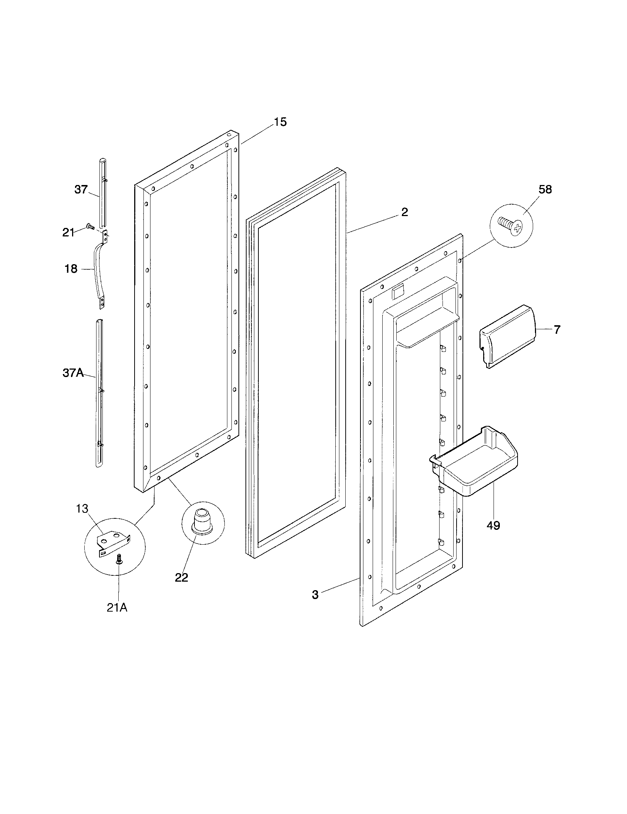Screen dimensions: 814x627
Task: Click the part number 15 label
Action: [280, 122]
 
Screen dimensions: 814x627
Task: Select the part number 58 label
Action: [545, 189]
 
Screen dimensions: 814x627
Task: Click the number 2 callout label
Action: [404, 212]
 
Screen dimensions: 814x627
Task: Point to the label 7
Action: [557, 329]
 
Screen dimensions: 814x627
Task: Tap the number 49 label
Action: [493, 525]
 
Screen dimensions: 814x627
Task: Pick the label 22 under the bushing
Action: [181, 577]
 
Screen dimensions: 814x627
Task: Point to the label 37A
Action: [73, 372]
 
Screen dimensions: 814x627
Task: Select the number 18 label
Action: [71, 268]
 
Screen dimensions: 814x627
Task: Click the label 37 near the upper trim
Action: [81, 189]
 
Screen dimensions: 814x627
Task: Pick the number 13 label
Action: [82, 508]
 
